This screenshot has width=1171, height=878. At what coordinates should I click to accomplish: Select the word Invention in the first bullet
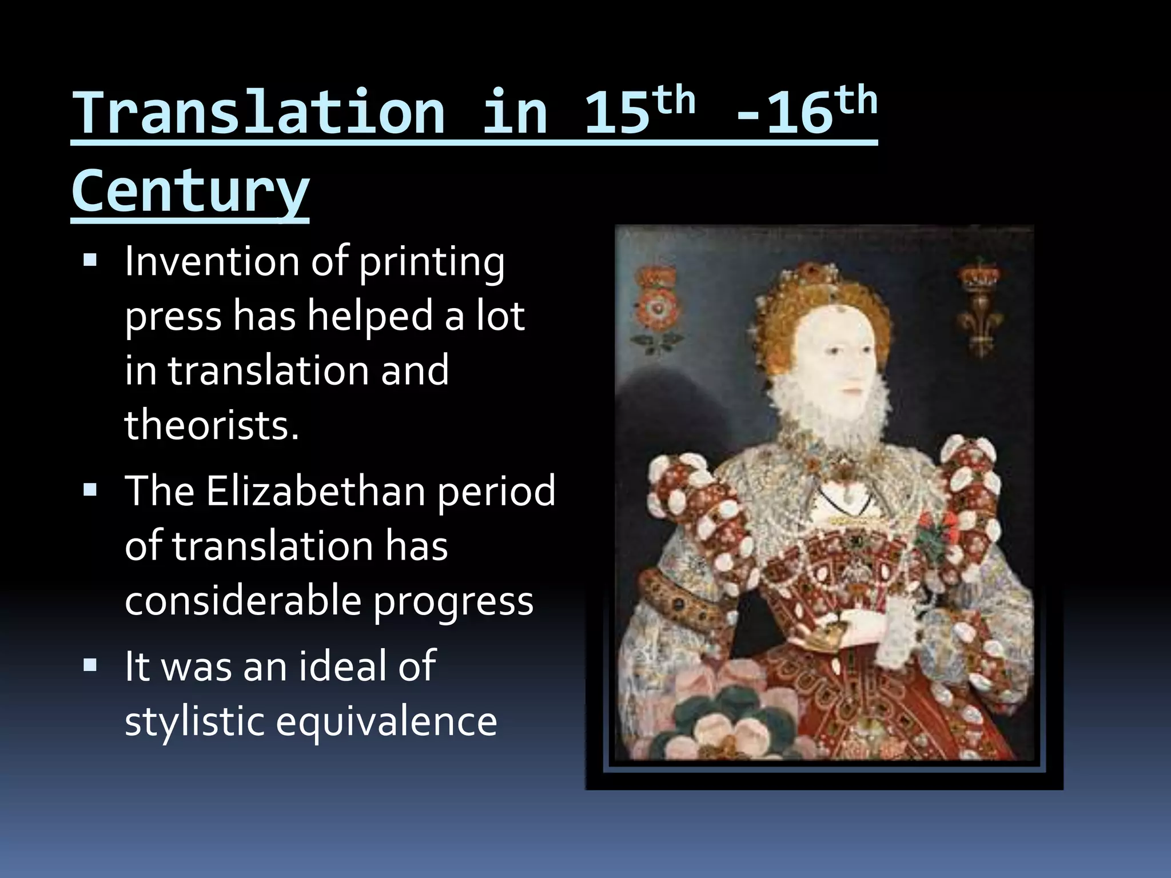tap(212, 261)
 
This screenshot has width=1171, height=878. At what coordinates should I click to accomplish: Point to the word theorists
tap(212, 425)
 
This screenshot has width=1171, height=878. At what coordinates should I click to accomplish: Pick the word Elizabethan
tap(315, 490)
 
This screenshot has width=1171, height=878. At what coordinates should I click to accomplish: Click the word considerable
tap(243, 601)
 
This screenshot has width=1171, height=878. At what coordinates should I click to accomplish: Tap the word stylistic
tap(194, 721)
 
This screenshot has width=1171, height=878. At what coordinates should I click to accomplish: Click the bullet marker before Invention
tap(90, 261)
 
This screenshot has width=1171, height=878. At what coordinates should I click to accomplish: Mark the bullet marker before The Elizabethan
tap(90, 490)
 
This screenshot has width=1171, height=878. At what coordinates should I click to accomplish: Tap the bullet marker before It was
tap(90, 665)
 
